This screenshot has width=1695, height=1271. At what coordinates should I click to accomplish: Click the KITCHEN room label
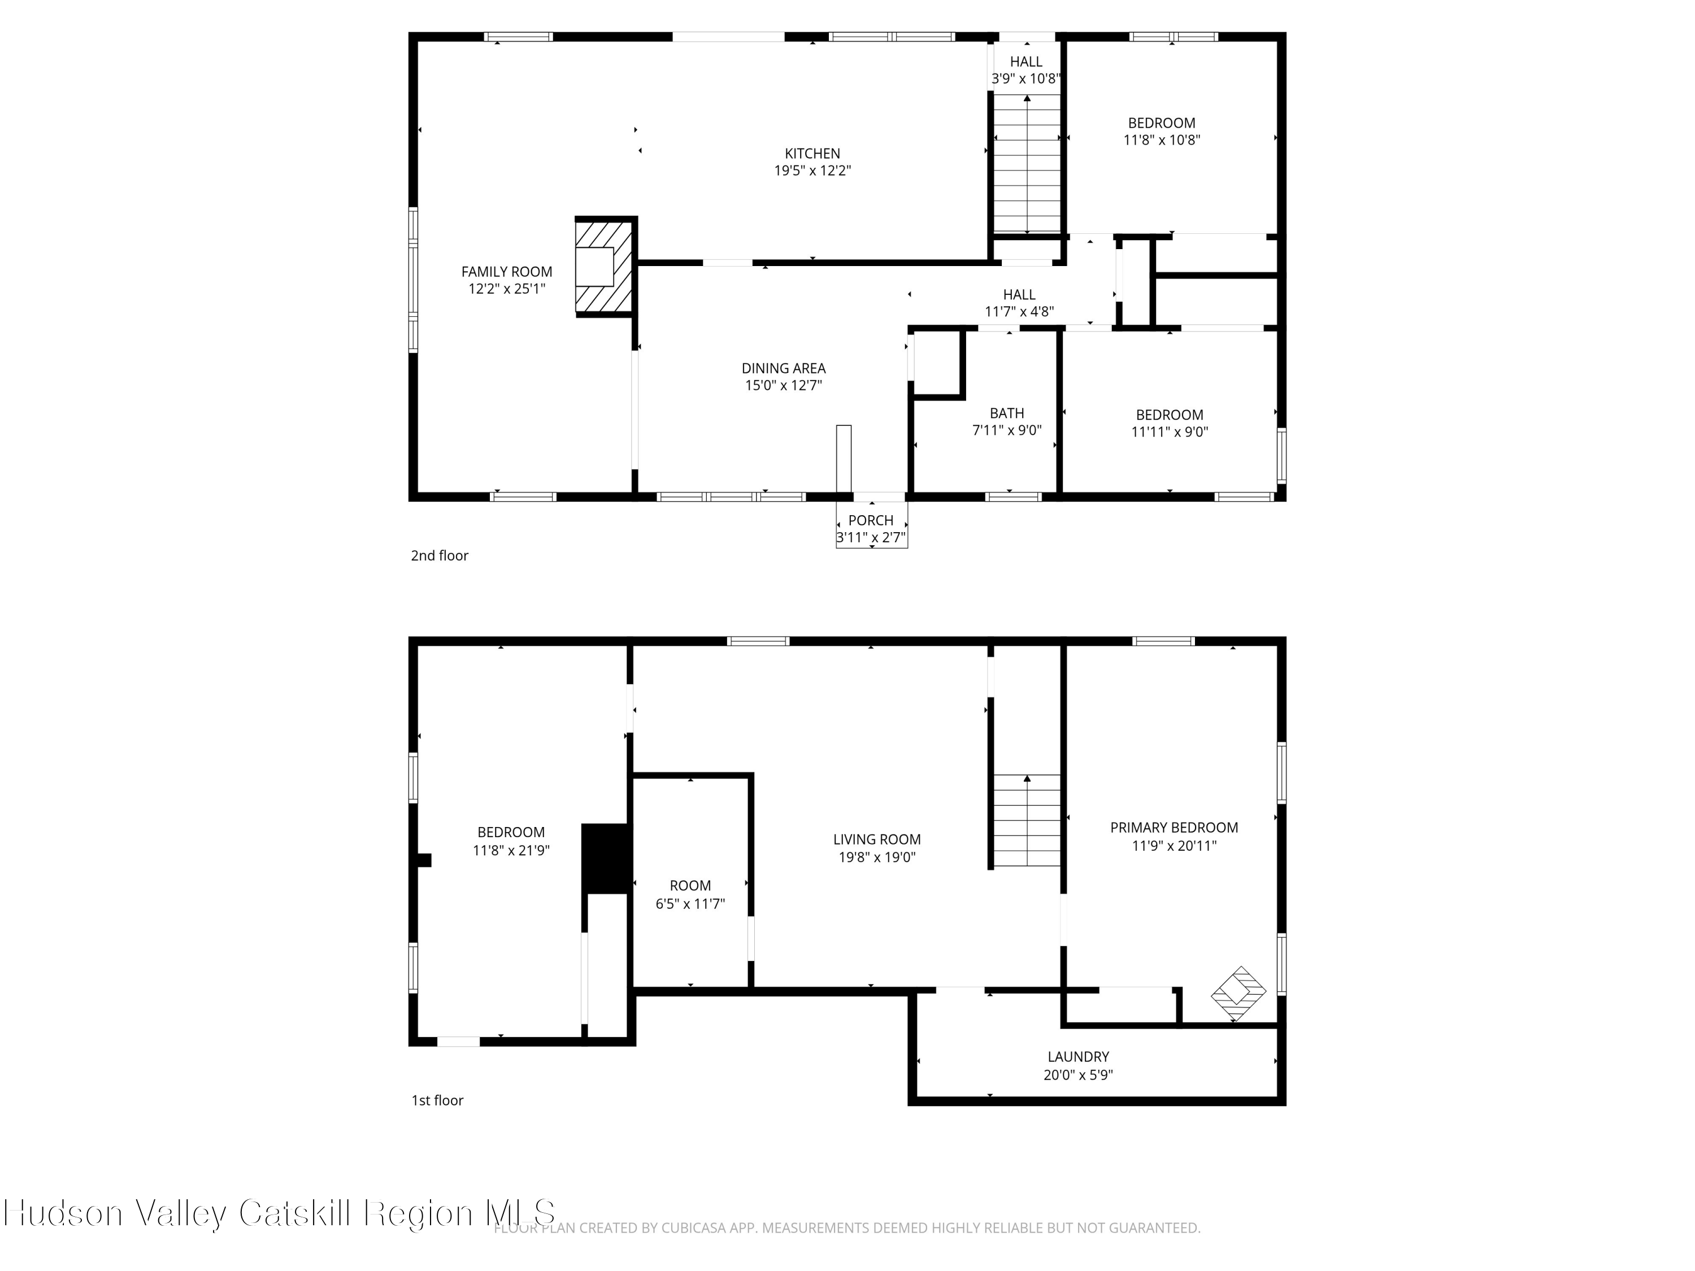coord(812,153)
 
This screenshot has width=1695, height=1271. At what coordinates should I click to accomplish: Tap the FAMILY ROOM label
coord(506,271)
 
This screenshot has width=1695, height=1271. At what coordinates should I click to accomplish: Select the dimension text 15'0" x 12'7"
coord(783,385)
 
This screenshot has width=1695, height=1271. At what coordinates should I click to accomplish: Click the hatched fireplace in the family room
coord(605,266)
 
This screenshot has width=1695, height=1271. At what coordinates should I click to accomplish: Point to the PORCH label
coord(871,520)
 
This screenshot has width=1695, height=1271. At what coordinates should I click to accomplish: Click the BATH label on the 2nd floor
coord(1007,413)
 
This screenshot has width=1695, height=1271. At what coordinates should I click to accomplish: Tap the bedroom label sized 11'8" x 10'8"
coord(1162,123)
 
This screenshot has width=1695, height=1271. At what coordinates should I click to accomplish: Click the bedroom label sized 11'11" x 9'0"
coord(1170,415)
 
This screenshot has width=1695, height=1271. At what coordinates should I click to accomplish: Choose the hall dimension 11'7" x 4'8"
coord(1019,312)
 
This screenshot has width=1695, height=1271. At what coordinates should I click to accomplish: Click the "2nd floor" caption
coord(439,555)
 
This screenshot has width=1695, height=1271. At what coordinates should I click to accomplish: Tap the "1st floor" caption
coord(437,1100)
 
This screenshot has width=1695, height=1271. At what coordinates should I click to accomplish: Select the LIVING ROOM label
coord(877,839)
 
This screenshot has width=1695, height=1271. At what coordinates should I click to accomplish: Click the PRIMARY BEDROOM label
coord(1174,828)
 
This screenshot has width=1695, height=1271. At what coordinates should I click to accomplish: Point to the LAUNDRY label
coord(1078,1056)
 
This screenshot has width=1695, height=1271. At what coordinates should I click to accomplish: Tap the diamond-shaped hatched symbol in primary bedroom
coord(1237,994)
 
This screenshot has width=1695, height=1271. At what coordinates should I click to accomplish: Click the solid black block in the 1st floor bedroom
coord(606,858)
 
